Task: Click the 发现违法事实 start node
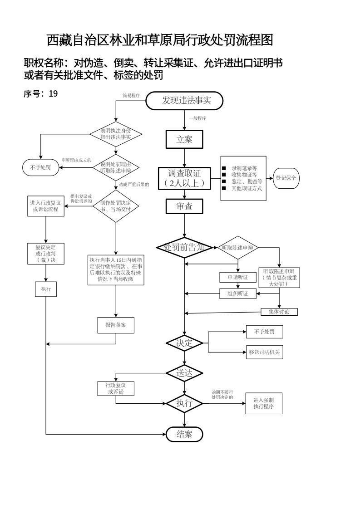tap(184, 101)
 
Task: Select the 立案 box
tap(184, 140)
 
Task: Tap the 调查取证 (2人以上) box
tap(184, 178)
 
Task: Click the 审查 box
tap(184, 206)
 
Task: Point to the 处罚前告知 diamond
tap(184, 248)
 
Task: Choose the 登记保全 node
tap(286, 178)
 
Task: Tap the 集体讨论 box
tap(279, 312)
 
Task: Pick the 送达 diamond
tap(184, 373)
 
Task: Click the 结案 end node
tap(184, 434)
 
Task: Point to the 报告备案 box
tap(116, 325)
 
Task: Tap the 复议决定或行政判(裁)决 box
tap(46, 254)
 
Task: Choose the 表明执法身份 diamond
tap(116, 134)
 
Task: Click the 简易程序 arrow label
tap(131, 95)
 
